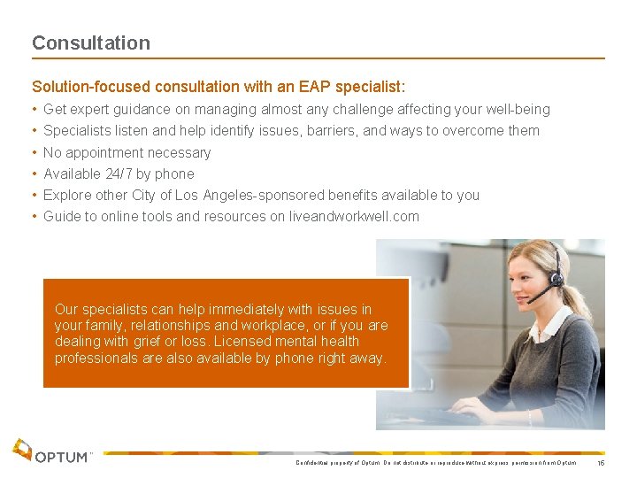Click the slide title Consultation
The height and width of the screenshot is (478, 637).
click(91, 42)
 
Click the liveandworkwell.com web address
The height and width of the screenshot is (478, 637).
click(354, 216)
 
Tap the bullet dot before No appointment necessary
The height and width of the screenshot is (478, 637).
click(35, 152)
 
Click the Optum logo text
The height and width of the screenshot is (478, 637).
click(63, 457)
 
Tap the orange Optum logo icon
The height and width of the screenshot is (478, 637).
click(22, 449)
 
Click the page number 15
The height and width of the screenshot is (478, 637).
click(602, 463)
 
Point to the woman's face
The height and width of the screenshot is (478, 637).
click(531, 270)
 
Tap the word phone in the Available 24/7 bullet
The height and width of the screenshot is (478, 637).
click(176, 173)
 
